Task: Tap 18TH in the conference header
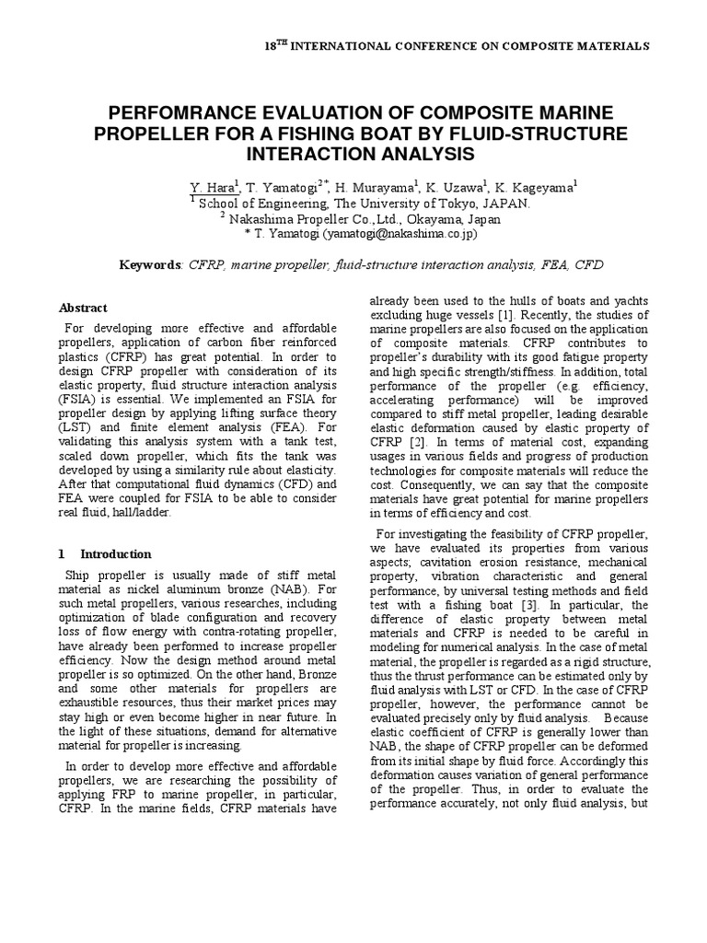pyautogui.click(x=275, y=45)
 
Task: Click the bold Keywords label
pyautogui.click(x=152, y=265)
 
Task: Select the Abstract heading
pyautogui.click(x=83, y=308)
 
